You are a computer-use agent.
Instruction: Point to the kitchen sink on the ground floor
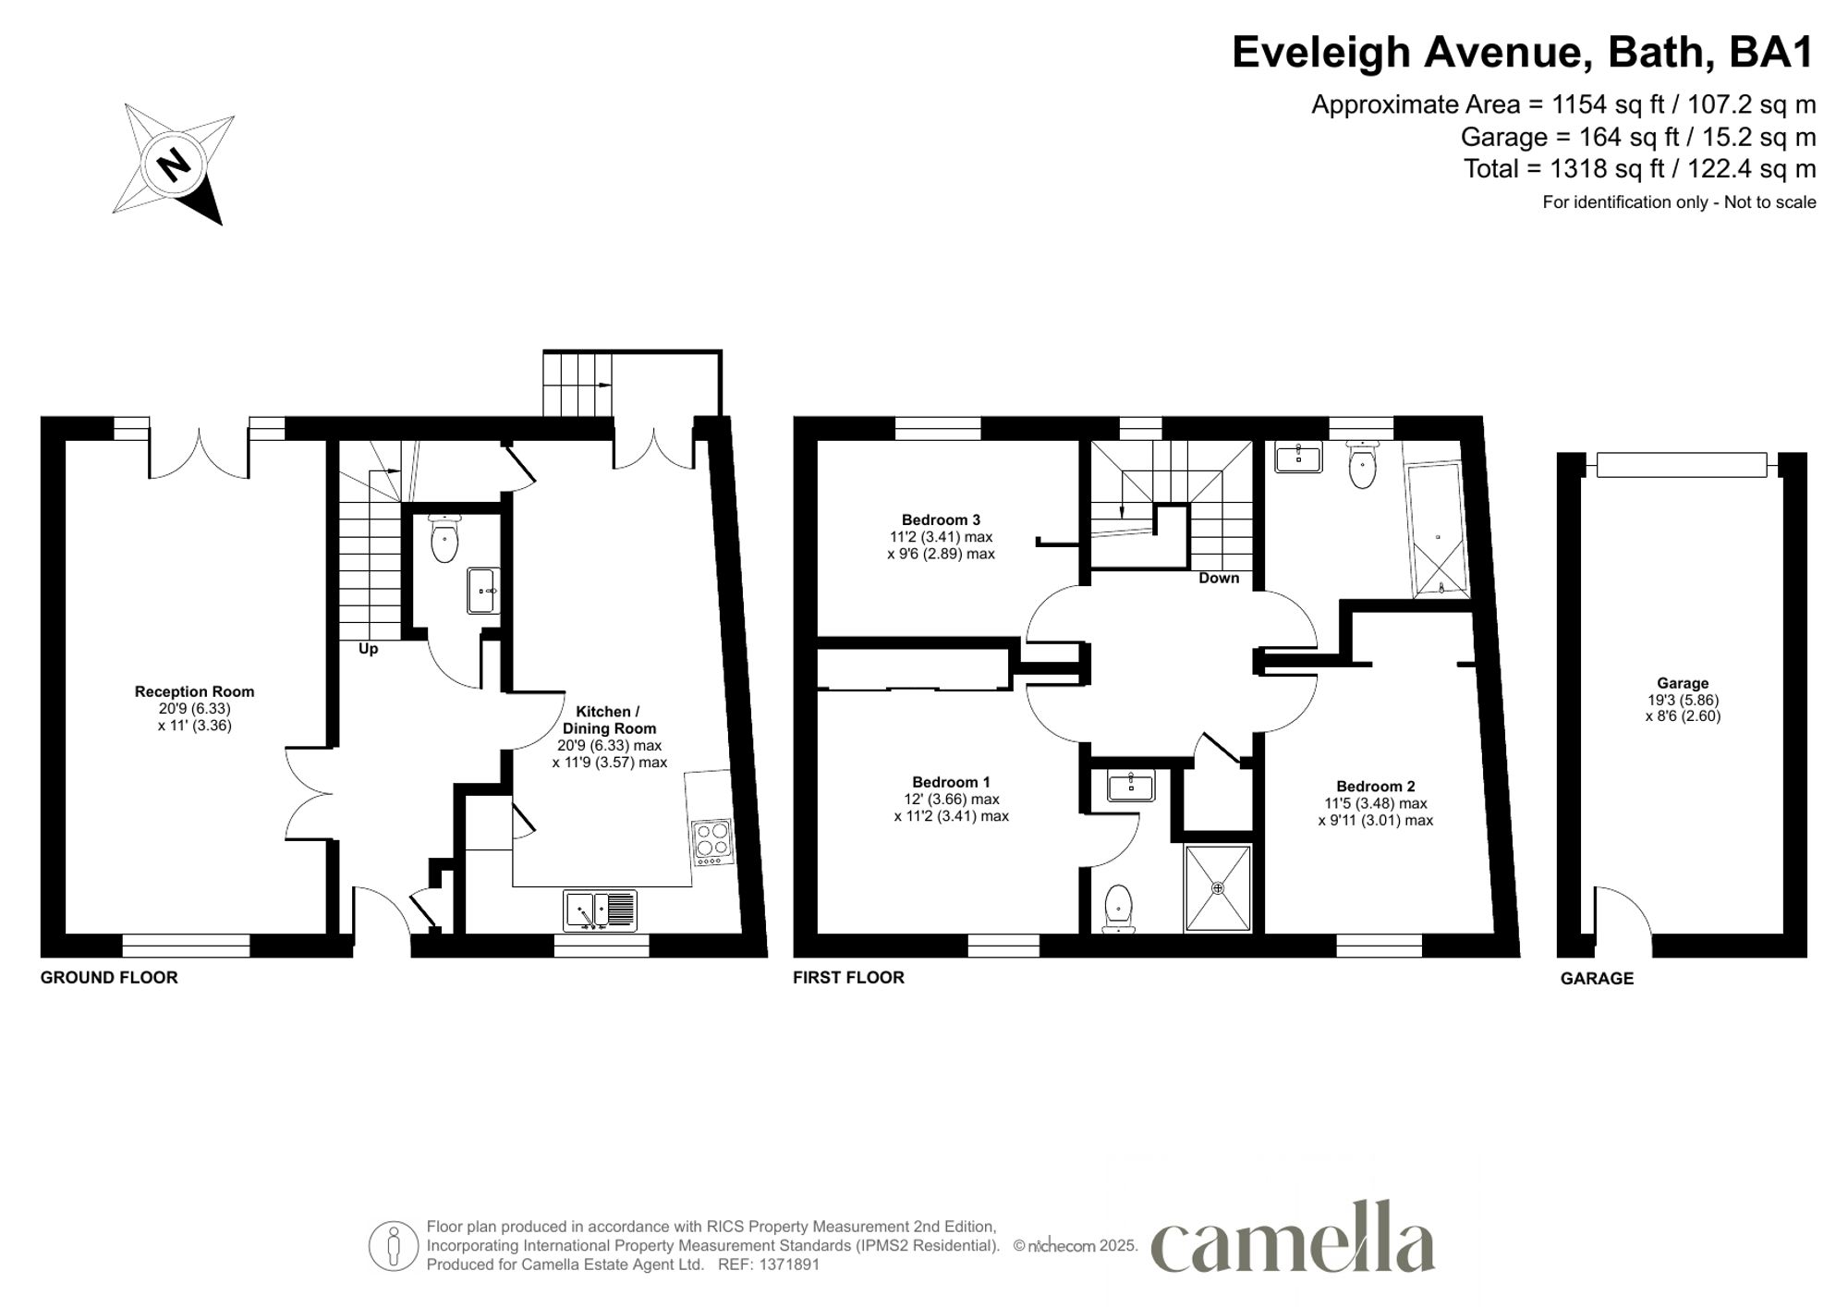[x=600, y=910]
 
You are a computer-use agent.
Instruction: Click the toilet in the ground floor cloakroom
[x=444, y=541]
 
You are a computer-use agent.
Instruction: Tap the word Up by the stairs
[x=368, y=649]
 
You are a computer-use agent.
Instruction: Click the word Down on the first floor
[x=1218, y=579]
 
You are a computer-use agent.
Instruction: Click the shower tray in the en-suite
[x=1218, y=887]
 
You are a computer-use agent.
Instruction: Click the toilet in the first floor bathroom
[x=1362, y=465]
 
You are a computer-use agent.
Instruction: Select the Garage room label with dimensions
[x=1682, y=699]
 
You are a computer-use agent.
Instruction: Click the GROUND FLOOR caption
[x=109, y=978]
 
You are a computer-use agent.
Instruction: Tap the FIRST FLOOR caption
[x=848, y=978]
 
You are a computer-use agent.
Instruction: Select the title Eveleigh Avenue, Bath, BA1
[x=1523, y=53]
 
